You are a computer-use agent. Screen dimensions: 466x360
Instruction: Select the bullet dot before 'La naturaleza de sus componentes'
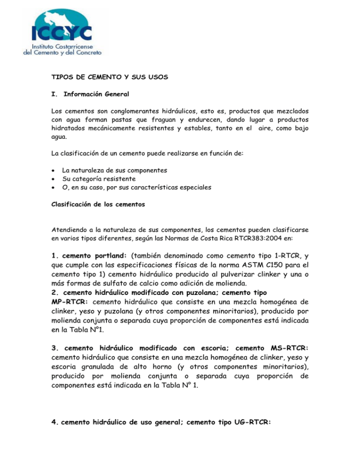54,169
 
